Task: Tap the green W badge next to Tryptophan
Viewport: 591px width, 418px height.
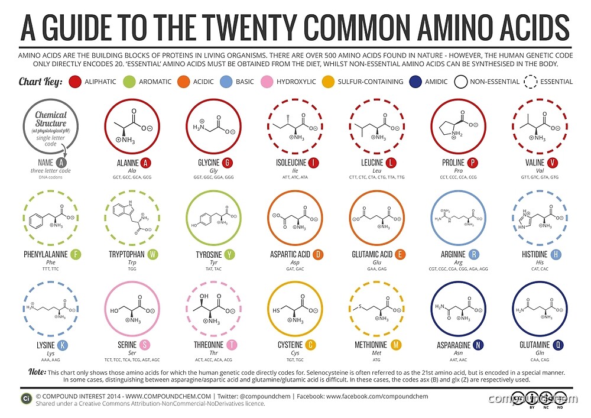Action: tap(153, 255)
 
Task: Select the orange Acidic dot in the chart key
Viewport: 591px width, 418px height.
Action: tap(183, 81)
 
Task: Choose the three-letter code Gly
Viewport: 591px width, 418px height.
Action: tap(215, 170)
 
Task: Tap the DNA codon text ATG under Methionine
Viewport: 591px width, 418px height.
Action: tap(376, 359)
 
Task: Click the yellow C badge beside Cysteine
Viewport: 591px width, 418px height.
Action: tap(311, 345)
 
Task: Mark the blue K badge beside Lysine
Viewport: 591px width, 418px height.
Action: tap(63, 345)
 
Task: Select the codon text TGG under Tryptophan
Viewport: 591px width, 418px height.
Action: tap(132, 268)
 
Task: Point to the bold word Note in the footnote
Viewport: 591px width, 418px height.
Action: tap(36, 372)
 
